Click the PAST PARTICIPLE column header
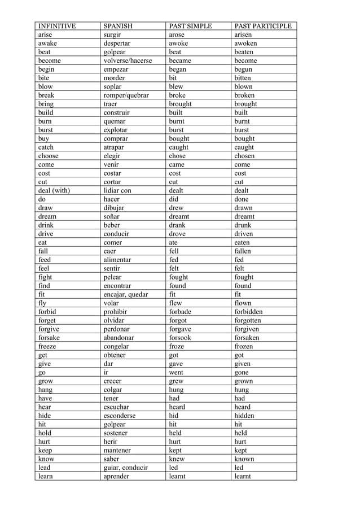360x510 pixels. click(x=262, y=26)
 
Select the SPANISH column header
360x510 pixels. click(x=118, y=26)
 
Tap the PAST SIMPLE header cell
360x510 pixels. click(x=190, y=26)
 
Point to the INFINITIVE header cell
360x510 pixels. click(x=56, y=26)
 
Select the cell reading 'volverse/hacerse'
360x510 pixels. click(x=128, y=60)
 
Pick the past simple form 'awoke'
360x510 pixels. click(x=178, y=43)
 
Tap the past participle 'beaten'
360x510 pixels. click(x=244, y=52)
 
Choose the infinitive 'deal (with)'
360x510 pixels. click(x=54, y=190)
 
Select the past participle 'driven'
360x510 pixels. click(x=244, y=234)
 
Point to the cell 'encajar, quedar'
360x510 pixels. click(x=126, y=294)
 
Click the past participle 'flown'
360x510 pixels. click(x=243, y=303)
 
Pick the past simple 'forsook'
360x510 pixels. click(x=180, y=338)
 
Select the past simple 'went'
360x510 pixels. click(x=177, y=372)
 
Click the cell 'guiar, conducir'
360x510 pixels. click(x=126, y=468)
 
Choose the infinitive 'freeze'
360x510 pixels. click(x=47, y=346)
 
